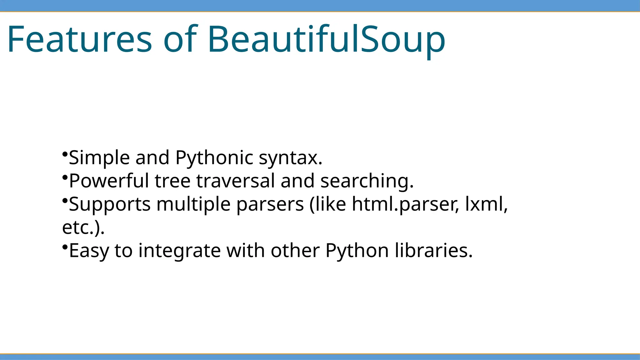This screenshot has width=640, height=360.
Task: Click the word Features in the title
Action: (79, 39)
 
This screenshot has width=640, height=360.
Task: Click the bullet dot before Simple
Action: (65, 154)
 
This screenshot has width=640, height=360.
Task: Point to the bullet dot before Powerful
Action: (65, 177)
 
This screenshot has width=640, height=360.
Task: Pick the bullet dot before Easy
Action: (65, 247)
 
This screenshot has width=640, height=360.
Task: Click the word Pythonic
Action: (214, 157)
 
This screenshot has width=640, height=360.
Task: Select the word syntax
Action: (290, 158)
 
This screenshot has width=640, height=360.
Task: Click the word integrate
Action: (179, 251)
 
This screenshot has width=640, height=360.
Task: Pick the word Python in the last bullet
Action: (357, 251)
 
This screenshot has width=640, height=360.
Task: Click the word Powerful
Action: (109, 181)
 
